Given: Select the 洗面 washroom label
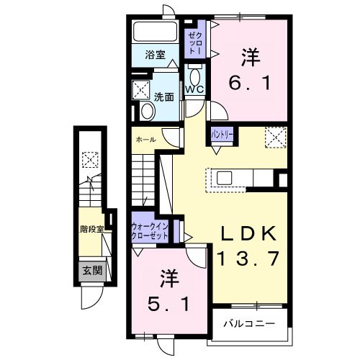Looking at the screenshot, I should click(163, 96).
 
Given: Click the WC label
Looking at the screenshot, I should click(194, 89).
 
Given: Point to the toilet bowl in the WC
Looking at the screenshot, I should click(194, 77).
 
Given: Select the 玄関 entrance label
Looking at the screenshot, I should click(91, 271).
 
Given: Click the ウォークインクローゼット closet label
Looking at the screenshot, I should click(150, 231).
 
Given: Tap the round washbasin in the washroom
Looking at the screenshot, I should click(146, 111).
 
